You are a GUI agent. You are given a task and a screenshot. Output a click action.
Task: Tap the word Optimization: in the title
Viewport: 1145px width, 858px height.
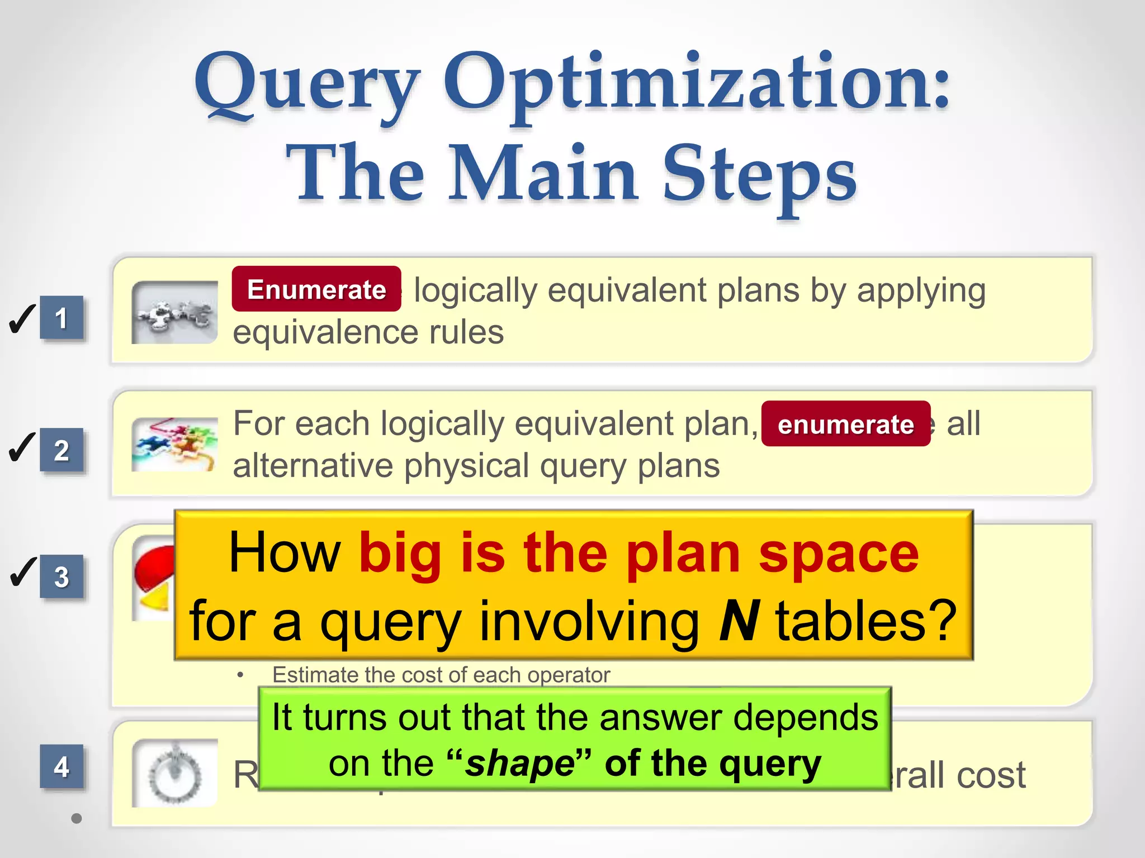click(x=697, y=84)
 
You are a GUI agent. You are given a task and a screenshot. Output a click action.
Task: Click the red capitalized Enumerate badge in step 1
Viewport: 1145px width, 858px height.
click(x=316, y=289)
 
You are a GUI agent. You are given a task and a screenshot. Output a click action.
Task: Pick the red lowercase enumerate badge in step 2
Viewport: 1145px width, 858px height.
click(x=845, y=425)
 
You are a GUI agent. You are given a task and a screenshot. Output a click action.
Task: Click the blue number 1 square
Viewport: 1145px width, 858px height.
click(x=61, y=318)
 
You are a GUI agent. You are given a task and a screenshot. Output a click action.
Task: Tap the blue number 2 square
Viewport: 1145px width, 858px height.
click(x=61, y=450)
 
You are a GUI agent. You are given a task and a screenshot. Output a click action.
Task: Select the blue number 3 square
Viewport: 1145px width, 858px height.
click(x=61, y=577)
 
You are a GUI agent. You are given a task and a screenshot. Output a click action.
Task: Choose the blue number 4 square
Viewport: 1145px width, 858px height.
click(x=61, y=766)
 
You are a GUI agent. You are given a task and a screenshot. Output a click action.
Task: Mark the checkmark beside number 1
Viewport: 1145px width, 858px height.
click(x=22, y=319)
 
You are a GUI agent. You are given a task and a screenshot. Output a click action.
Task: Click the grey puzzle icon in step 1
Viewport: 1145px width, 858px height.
click(x=174, y=313)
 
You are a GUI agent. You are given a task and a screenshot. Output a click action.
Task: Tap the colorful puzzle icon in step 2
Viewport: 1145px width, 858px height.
click(x=174, y=445)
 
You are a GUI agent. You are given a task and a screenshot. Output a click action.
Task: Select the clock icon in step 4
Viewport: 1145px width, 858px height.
click(x=174, y=774)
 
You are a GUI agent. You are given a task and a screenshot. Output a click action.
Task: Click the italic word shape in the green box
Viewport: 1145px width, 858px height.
click(x=519, y=764)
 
